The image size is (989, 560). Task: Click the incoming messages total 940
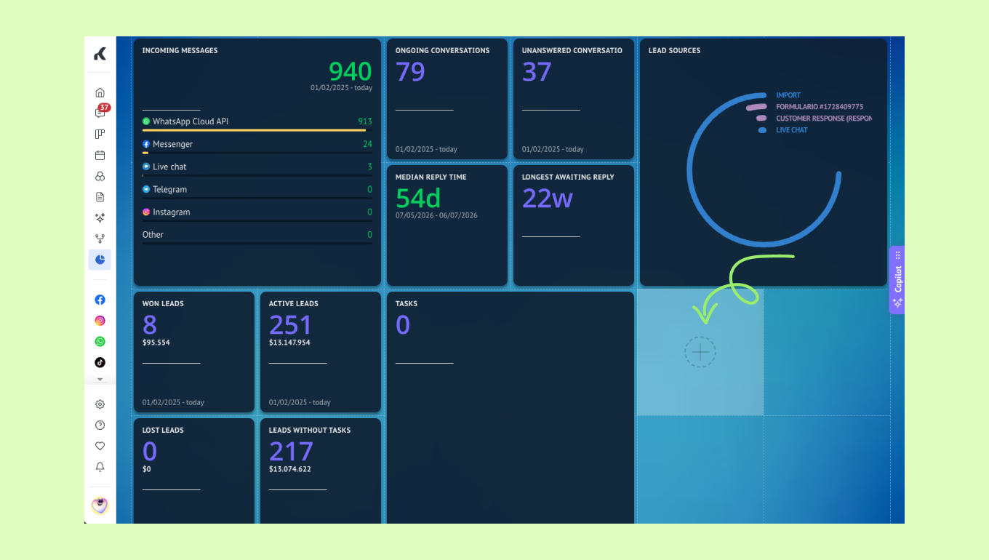(350, 71)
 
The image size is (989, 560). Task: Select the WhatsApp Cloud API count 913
(365, 121)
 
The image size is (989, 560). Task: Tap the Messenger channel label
(172, 144)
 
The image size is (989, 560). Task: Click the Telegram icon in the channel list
(146, 189)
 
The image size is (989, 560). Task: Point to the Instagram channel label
(172, 212)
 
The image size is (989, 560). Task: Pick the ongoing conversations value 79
(410, 71)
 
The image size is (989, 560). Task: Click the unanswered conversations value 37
(537, 71)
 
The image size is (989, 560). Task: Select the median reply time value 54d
(418, 198)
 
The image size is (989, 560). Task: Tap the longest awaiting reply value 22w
(548, 199)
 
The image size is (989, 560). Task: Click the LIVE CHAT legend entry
(792, 130)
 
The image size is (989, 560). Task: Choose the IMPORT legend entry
(788, 95)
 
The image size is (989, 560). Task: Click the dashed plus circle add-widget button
(700, 352)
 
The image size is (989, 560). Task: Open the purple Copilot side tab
(897, 280)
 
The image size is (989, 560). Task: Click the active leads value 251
(291, 324)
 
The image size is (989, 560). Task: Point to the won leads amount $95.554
(156, 343)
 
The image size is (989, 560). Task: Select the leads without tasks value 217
(291, 452)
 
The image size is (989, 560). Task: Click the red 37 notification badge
(104, 108)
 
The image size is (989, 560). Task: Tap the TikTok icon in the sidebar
(100, 363)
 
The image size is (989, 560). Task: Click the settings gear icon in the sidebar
(100, 404)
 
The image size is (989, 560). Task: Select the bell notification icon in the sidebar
(100, 467)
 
